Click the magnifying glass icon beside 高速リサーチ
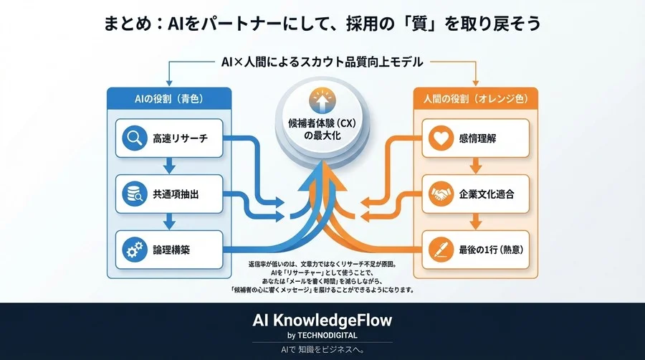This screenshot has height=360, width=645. pyautogui.click(x=133, y=138)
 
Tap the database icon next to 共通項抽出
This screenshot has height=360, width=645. pyautogui.click(x=133, y=194)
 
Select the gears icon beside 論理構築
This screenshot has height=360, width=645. pyautogui.click(x=133, y=250)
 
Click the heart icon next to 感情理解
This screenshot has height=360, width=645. pyautogui.click(x=439, y=138)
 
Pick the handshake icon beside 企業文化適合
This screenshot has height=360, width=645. pyautogui.click(x=439, y=194)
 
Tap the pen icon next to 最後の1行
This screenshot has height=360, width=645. pyautogui.click(x=439, y=250)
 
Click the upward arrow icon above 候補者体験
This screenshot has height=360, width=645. pyautogui.click(x=322, y=100)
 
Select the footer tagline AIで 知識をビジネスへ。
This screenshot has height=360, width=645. pyautogui.click(x=322, y=350)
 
